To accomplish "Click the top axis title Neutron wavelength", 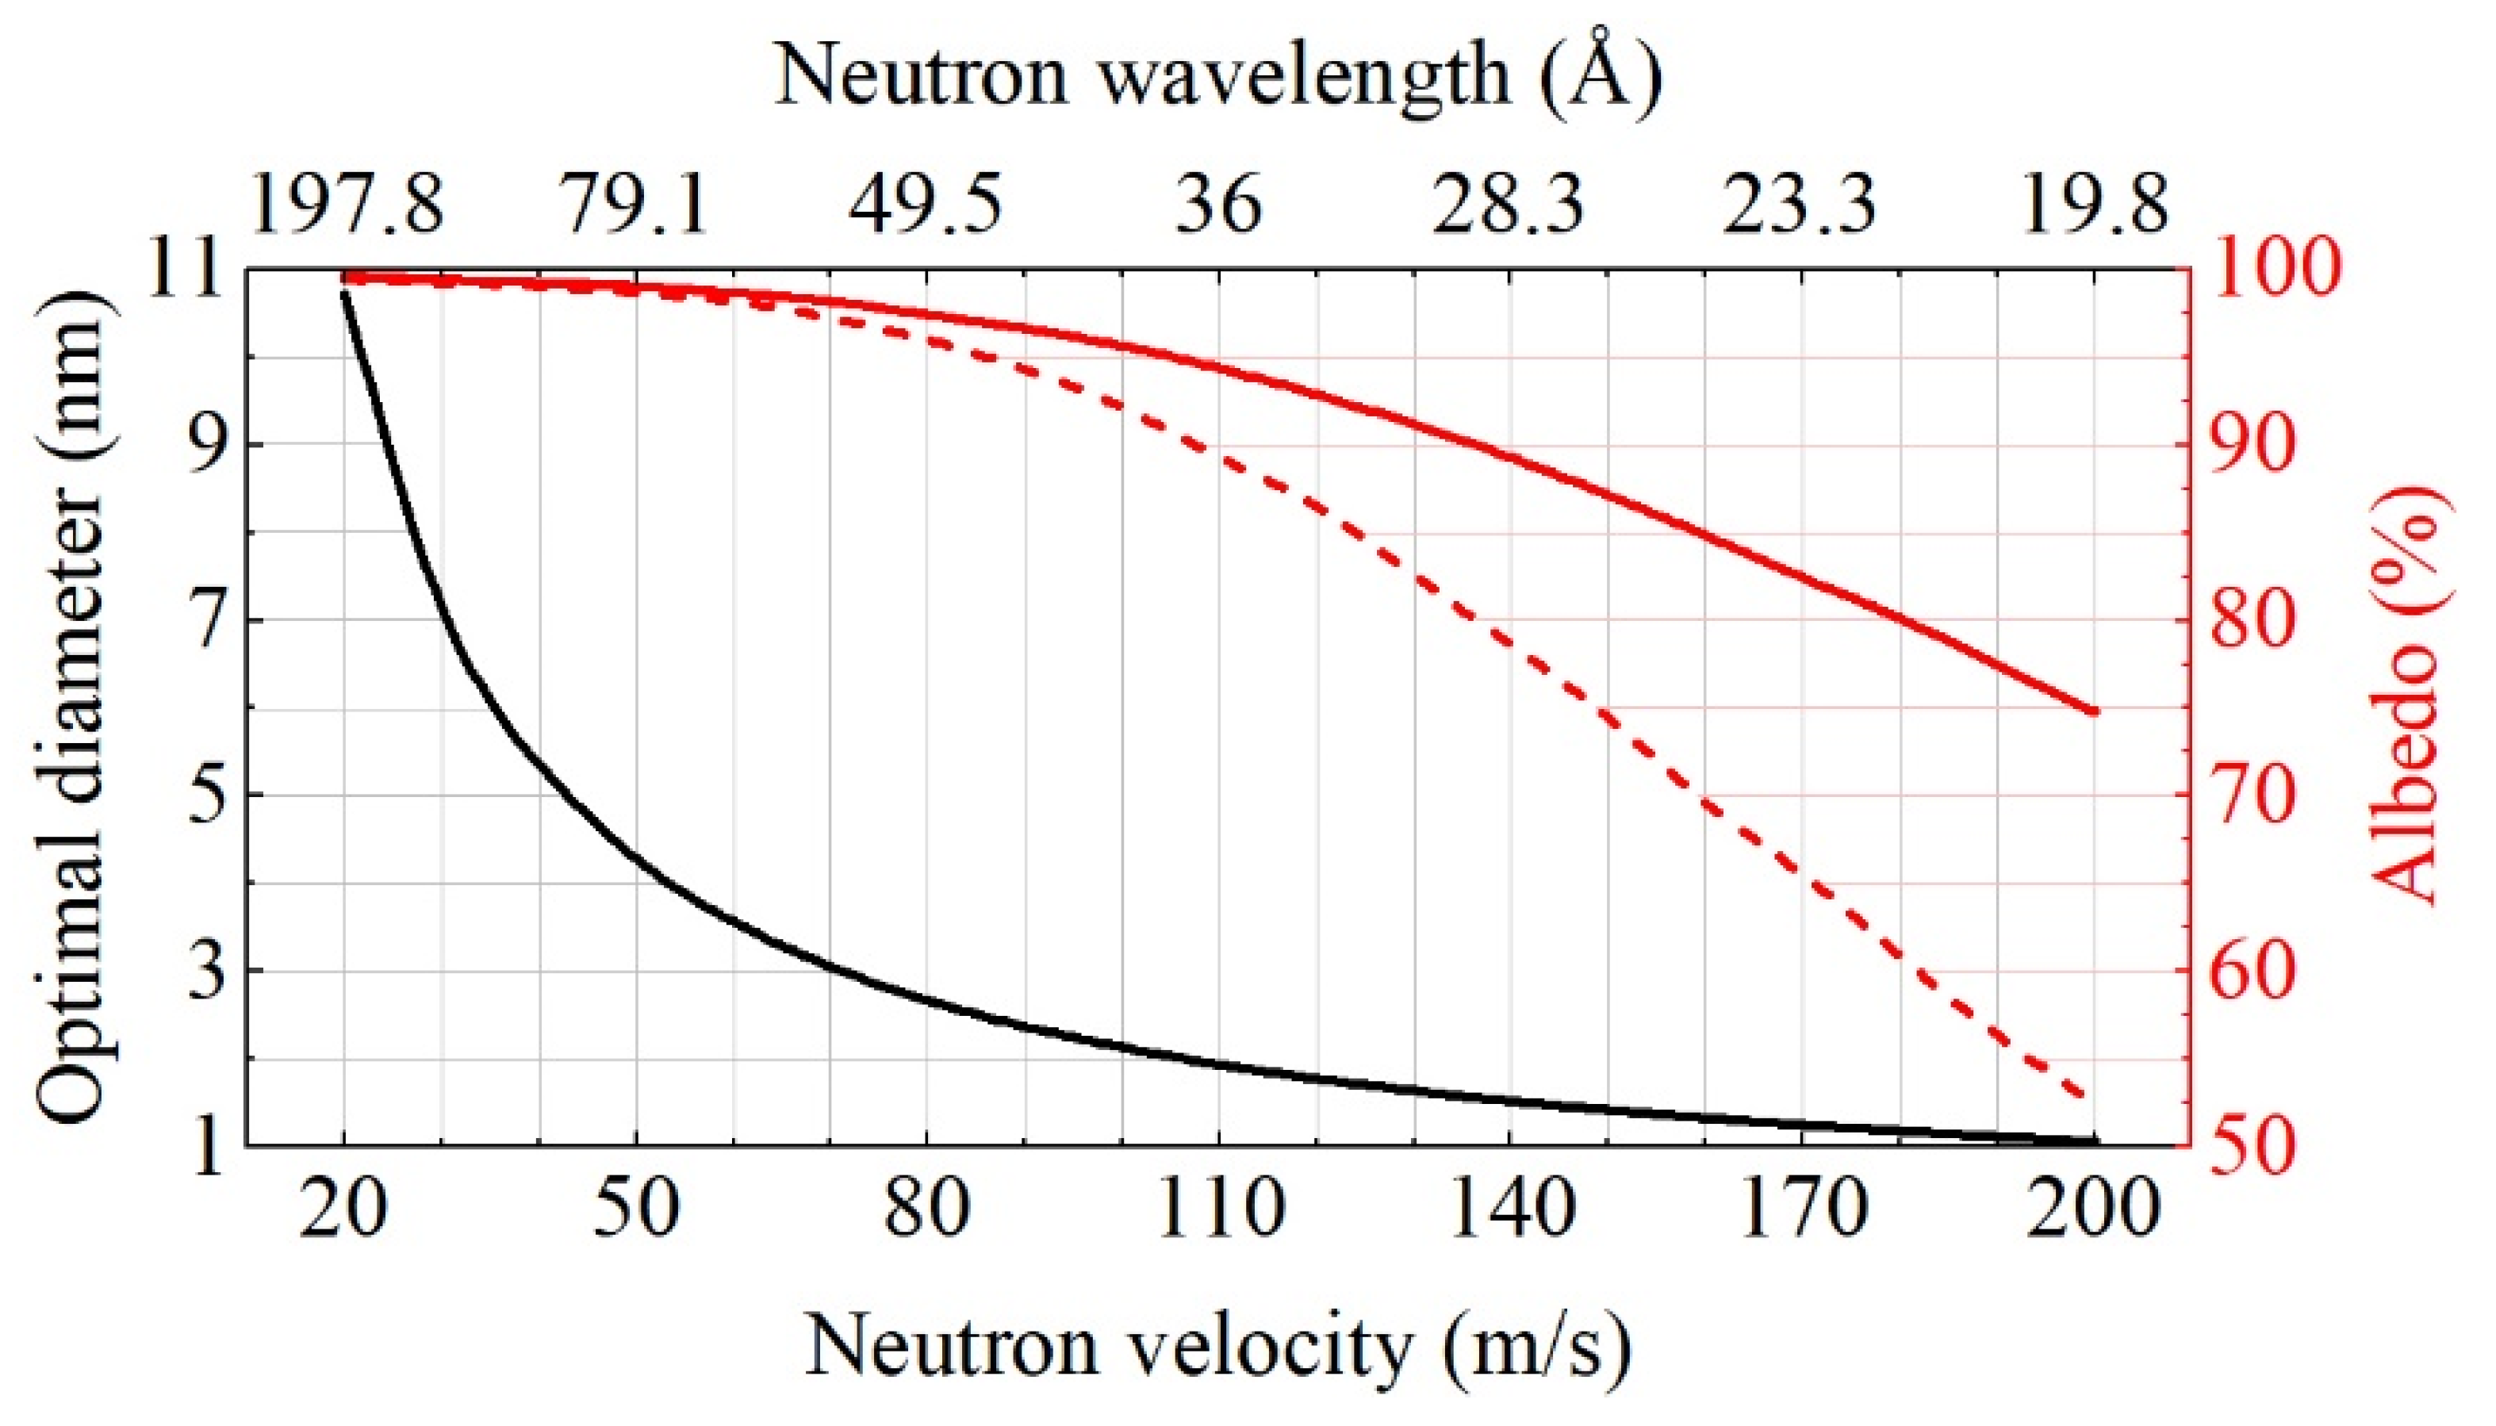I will [x=1218, y=76].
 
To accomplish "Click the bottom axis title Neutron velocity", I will [x=1218, y=1347].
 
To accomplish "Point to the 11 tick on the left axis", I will [x=190, y=270].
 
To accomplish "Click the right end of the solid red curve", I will [x=2094, y=711].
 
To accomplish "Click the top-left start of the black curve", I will [x=343, y=293].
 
